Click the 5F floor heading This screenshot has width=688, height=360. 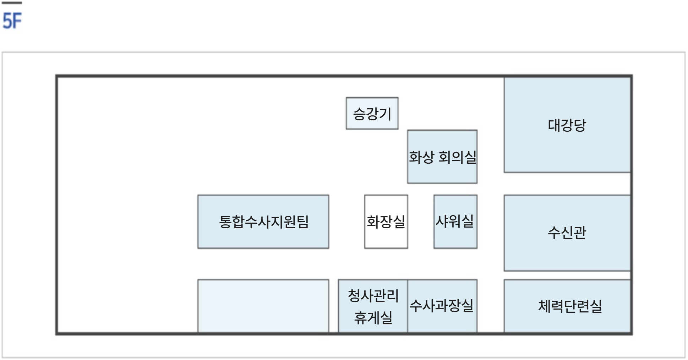click(x=12, y=21)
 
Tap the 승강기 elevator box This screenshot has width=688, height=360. click(x=372, y=113)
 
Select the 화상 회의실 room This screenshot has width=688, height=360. click(x=442, y=157)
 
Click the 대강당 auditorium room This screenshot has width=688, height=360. click(x=567, y=125)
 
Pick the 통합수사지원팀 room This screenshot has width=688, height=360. click(x=263, y=222)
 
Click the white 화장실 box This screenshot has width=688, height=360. click(x=386, y=222)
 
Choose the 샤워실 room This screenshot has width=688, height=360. click(x=455, y=222)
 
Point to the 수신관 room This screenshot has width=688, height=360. click(x=567, y=233)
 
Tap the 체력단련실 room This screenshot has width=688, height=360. click(x=567, y=306)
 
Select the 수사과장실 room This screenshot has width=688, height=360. click(x=442, y=306)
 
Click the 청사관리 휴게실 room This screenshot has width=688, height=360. click(x=373, y=306)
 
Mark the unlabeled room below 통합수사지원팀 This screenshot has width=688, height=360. click(x=263, y=306)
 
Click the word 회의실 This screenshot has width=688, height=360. click(x=457, y=157)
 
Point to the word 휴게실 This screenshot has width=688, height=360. click(x=373, y=317)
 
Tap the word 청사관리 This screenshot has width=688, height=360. click(x=373, y=295)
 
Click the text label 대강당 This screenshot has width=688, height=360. click(x=567, y=125)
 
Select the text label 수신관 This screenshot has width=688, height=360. click(x=567, y=233)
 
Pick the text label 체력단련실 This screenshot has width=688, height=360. click(x=570, y=306)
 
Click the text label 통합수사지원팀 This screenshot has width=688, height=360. click(x=264, y=222)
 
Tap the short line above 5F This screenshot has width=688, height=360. click(x=12, y=3)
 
